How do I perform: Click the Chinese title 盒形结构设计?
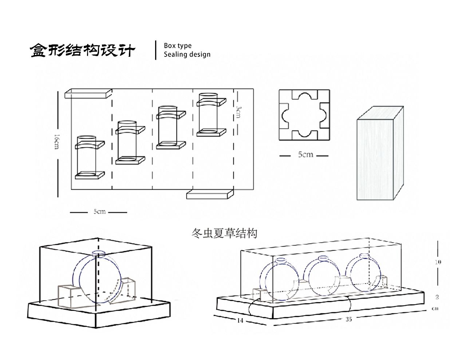click(82, 50)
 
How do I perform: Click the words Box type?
click(177, 46)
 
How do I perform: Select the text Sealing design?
click(187, 55)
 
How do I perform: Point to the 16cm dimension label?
click(56, 141)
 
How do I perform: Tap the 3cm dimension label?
click(238, 111)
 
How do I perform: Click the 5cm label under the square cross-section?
click(305, 155)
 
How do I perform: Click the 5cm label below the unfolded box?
click(99, 211)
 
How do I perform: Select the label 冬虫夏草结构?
click(224, 233)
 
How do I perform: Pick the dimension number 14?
click(240, 321)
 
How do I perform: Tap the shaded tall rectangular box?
click(379, 155)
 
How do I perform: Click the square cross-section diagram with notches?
click(304, 115)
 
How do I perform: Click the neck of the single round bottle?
click(98, 253)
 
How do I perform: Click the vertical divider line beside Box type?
click(156, 50)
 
